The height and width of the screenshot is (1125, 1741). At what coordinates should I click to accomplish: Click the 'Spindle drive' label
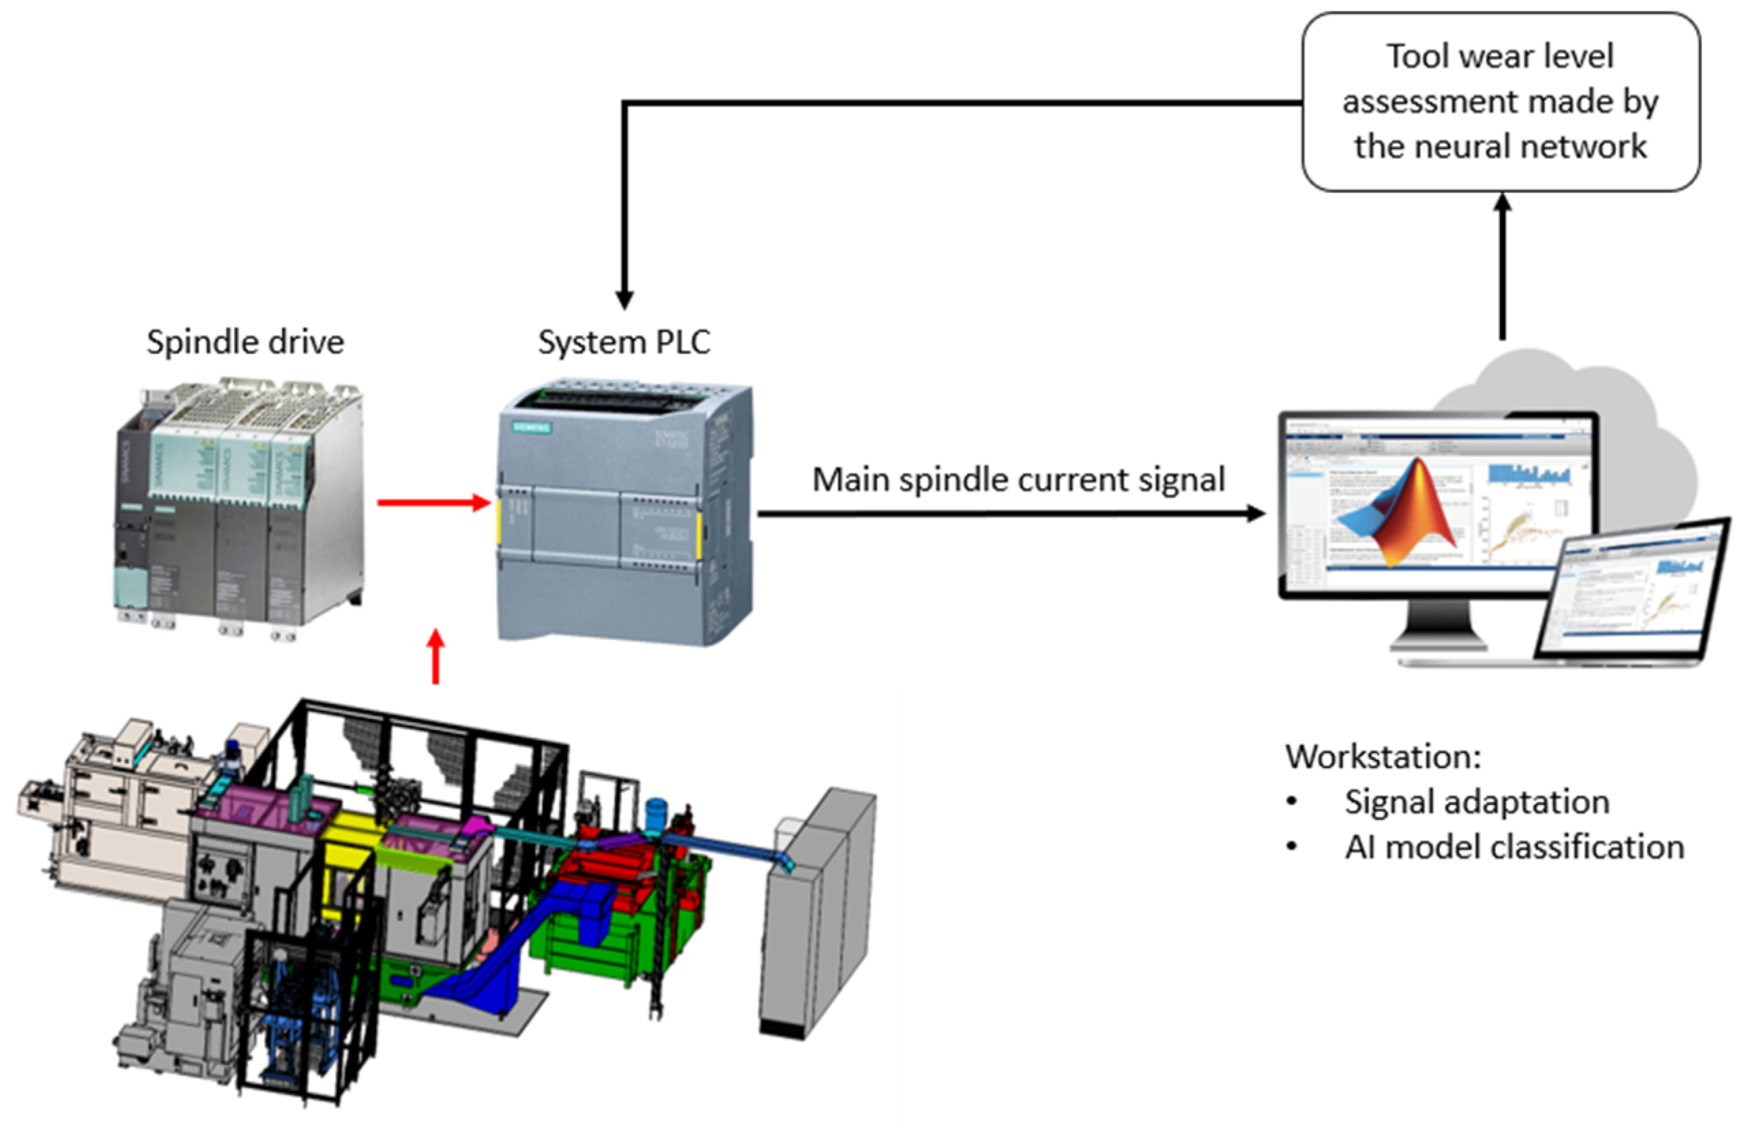click(245, 342)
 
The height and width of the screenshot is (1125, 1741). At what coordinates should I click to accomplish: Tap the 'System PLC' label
click(624, 342)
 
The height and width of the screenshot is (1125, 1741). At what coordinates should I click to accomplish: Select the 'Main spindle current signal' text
click(1018, 480)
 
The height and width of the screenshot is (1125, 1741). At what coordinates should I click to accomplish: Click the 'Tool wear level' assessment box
click(1500, 102)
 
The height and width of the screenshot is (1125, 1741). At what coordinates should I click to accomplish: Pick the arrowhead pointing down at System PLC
click(624, 299)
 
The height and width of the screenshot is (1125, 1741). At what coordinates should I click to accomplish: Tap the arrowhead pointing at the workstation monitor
click(1255, 514)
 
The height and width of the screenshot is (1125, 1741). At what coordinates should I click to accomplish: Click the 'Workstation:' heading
click(1383, 757)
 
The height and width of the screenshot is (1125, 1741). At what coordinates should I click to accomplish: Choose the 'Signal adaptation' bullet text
click(1476, 802)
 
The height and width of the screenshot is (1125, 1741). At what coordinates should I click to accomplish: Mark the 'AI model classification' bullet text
click(1514, 847)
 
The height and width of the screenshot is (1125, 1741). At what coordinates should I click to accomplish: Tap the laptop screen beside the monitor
click(1637, 588)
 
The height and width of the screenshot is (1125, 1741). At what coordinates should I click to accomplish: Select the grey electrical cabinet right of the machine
click(818, 913)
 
